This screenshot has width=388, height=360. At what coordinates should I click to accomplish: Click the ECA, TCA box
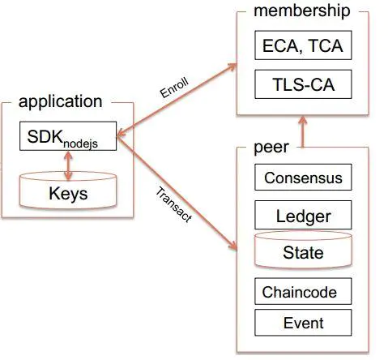(x=303, y=45)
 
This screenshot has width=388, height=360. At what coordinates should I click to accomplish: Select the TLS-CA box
(x=303, y=84)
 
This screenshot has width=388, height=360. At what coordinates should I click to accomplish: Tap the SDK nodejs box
(x=68, y=136)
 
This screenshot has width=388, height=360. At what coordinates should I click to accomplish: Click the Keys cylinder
(x=68, y=191)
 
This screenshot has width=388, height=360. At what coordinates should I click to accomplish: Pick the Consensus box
(x=303, y=177)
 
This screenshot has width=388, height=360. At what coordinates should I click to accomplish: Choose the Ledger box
(x=303, y=215)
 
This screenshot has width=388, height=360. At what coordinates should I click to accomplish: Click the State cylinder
(x=303, y=250)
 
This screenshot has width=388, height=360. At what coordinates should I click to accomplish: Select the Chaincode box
(x=303, y=291)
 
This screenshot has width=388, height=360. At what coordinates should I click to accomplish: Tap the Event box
(x=303, y=323)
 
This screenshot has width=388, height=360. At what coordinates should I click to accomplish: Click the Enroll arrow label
(x=174, y=88)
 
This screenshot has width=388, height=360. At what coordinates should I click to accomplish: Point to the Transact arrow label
(x=174, y=204)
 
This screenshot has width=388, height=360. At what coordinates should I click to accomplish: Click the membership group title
(x=302, y=11)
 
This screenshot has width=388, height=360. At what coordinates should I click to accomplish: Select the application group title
(x=61, y=102)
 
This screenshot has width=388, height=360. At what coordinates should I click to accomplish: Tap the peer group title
(x=271, y=148)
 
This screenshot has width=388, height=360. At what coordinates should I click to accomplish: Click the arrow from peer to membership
(x=303, y=132)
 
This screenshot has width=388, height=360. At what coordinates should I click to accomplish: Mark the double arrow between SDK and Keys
(x=68, y=165)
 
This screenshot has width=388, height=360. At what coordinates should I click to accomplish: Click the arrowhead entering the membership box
(x=232, y=66)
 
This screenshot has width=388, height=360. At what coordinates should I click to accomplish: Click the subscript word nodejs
(x=80, y=144)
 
